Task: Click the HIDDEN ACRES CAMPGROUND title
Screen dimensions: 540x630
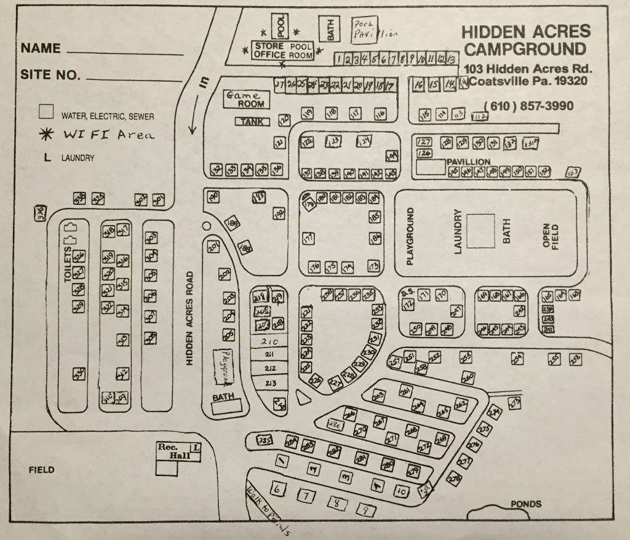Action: click(525, 40)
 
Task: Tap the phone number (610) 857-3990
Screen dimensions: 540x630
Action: click(528, 106)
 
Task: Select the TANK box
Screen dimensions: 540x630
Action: click(252, 122)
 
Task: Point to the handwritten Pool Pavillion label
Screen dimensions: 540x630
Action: click(372, 30)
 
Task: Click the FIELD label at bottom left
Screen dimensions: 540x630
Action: click(42, 470)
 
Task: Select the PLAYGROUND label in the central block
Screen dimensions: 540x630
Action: click(410, 236)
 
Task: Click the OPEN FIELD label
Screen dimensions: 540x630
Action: click(549, 236)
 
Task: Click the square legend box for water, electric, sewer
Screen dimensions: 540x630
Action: click(46, 112)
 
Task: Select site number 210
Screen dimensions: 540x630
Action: click(270, 342)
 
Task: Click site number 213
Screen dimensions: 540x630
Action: click(270, 384)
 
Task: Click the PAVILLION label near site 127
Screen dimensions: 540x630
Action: click(468, 162)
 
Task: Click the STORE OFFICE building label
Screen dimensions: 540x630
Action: click(268, 50)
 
